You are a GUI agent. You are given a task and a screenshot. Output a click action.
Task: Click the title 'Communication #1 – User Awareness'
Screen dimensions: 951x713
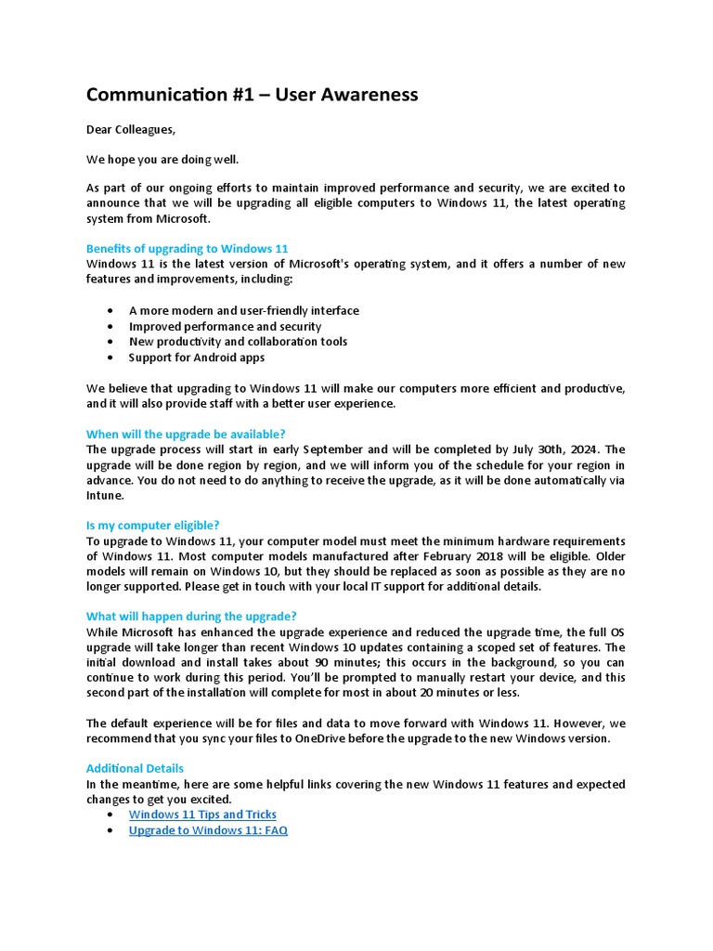(252, 95)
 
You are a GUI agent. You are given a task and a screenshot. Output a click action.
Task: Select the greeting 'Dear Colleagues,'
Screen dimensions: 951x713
(130, 129)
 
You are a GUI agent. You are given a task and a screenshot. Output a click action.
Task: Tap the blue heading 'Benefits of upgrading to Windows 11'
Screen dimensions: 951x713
(187, 249)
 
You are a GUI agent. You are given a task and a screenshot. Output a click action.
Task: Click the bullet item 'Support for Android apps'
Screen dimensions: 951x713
(196, 358)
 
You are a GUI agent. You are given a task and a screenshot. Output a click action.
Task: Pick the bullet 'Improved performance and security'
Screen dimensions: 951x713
(225, 327)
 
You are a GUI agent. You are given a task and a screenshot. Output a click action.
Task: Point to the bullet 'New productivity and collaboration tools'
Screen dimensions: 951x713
(238, 342)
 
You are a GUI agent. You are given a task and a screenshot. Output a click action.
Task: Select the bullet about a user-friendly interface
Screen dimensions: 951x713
(243, 311)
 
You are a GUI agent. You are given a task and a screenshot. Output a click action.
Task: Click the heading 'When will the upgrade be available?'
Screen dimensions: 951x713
(186, 434)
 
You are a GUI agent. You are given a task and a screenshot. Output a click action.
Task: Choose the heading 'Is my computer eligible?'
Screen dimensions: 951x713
(152, 526)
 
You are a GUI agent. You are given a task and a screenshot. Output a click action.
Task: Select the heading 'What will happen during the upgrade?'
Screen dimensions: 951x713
(191, 617)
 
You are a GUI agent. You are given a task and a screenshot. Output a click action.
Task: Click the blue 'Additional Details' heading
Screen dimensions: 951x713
(135, 769)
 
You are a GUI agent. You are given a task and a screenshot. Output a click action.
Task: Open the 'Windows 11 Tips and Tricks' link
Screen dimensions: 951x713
(202, 814)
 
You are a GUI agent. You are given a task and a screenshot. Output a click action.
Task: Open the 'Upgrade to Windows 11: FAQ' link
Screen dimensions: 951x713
(208, 830)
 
